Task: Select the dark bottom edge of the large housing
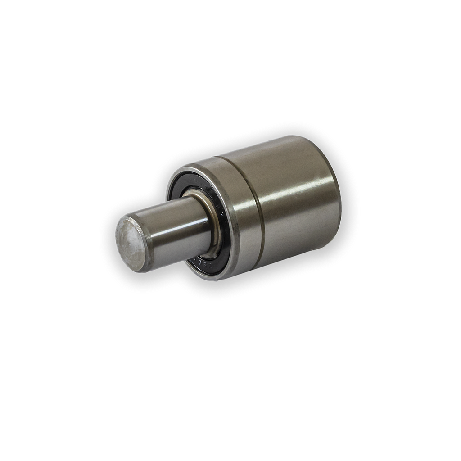click(x=297, y=257)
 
